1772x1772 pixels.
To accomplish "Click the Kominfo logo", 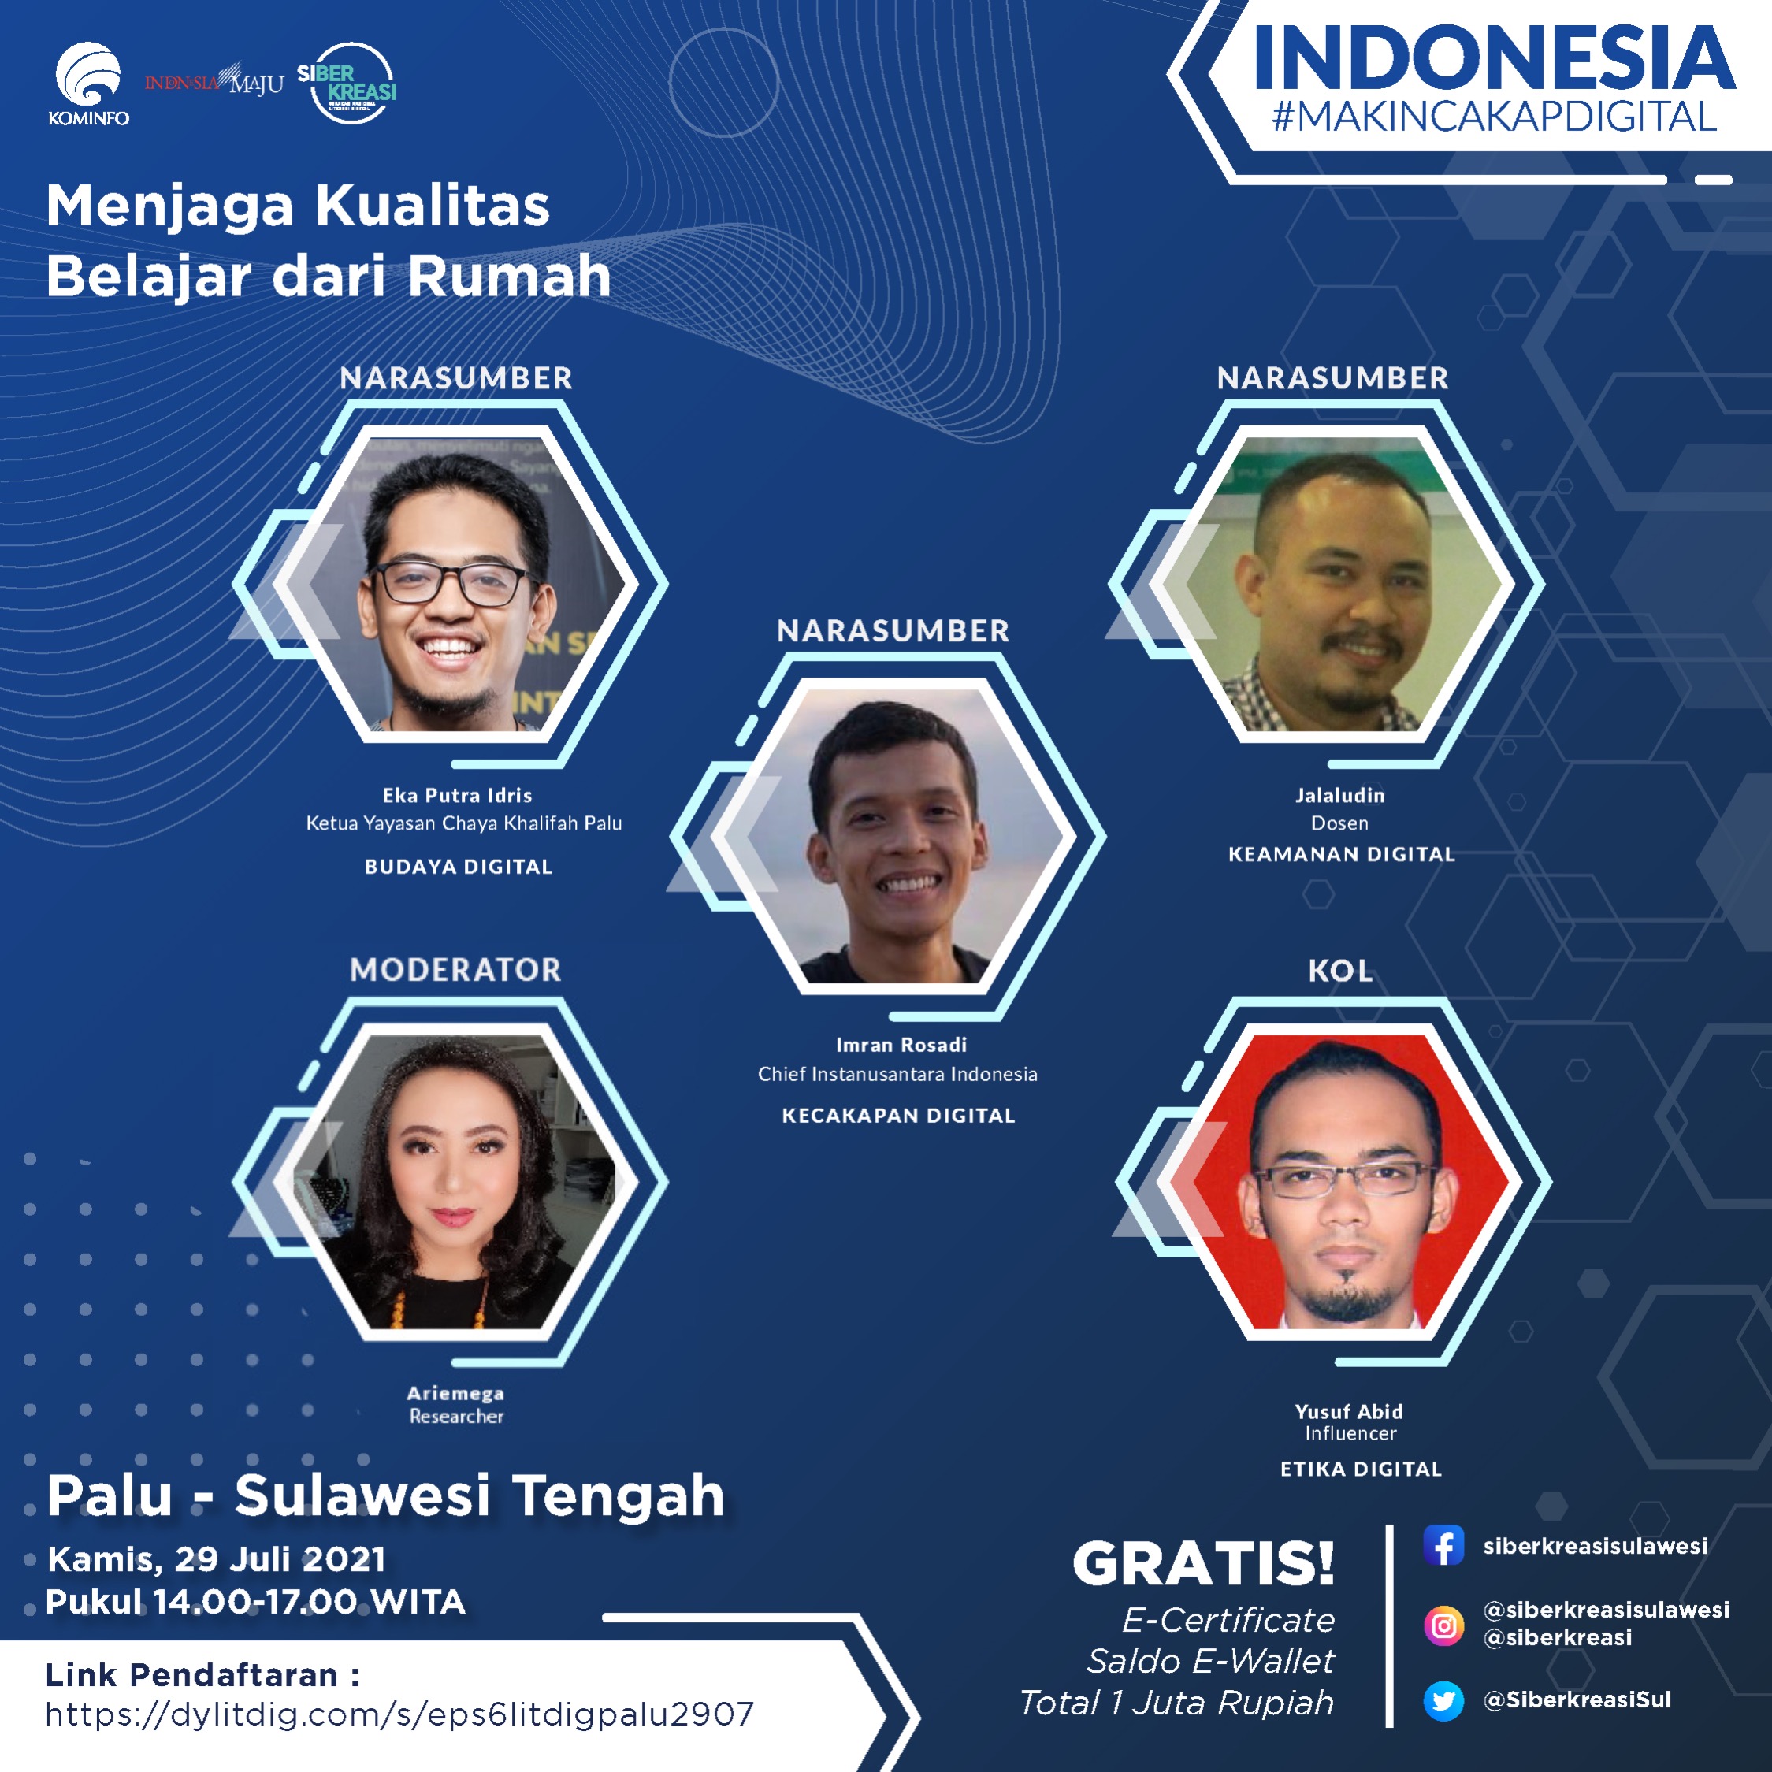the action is (x=88, y=84).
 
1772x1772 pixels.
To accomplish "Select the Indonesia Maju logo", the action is (x=214, y=82).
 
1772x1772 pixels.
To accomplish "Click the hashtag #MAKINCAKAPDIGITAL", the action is (x=1494, y=117).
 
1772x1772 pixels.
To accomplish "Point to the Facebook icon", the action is (x=1443, y=1545).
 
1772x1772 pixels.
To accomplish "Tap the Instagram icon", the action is (x=1443, y=1626).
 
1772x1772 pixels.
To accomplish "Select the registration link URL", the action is (x=400, y=1714).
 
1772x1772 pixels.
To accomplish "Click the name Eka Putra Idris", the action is (x=457, y=795).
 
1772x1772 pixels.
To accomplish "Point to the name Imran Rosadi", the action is (x=901, y=1045).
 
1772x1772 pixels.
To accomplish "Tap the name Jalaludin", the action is (x=1340, y=795).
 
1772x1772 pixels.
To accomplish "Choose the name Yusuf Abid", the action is (x=1349, y=1412).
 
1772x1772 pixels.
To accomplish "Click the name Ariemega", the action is (x=456, y=1393).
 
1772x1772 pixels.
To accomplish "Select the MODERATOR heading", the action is (x=456, y=969).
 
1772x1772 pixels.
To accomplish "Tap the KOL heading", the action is (x=1340, y=971).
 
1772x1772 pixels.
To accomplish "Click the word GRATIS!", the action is (x=1203, y=1564).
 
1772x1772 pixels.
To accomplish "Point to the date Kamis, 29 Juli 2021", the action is (x=217, y=1559).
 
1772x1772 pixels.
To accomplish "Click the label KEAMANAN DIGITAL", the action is (x=1342, y=854).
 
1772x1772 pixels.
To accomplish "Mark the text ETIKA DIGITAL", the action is (x=1361, y=1469).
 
